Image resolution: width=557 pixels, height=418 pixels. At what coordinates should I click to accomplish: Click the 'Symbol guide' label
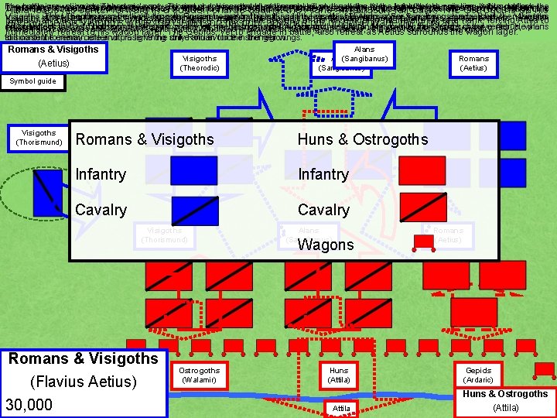coord(32,81)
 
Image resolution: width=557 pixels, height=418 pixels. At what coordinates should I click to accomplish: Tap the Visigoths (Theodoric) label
coord(199,63)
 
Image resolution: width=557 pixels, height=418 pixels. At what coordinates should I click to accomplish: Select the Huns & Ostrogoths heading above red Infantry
coord(362,139)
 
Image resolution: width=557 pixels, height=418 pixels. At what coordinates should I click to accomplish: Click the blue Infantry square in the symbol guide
coord(193,170)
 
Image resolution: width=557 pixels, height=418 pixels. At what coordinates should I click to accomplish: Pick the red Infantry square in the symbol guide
coord(422,170)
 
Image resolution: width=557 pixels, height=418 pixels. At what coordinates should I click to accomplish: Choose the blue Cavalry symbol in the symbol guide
coord(193,211)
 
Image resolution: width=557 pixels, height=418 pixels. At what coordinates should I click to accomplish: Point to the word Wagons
coord(326,245)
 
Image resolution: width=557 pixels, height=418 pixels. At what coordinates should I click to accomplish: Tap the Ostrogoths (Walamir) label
coord(199,375)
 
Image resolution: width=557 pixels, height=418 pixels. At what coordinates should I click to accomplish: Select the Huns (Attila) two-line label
coord(339,375)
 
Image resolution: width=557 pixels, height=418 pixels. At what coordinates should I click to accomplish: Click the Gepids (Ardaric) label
coord(478,375)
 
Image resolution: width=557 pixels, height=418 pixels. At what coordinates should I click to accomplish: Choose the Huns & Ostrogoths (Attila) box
coord(506,400)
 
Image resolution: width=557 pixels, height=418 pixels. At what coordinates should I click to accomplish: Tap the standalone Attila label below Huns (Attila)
coord(341,408)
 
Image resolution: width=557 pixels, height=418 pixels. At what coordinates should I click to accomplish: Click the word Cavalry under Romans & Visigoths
coord(101,210)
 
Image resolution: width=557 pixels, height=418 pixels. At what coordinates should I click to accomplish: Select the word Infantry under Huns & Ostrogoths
coord(323,174)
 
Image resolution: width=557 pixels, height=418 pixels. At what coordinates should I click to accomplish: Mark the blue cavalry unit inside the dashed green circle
coord(48,191)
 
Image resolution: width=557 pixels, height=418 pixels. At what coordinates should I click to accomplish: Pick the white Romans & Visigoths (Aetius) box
coord(53,57)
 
